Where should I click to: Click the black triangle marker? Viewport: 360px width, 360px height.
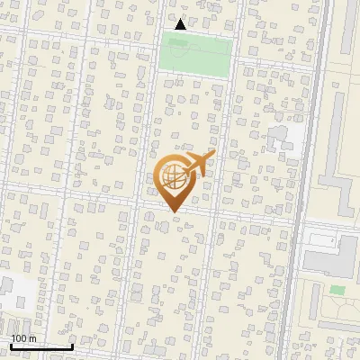point(180,24)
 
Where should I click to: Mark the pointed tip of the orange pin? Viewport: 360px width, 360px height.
point(173,213)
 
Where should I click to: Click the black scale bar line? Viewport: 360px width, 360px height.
point(41,346)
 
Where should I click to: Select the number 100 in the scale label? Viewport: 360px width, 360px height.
point(19,338)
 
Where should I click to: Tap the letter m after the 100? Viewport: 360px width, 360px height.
point(32,338)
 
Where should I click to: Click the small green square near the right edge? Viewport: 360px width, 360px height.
point(337,290)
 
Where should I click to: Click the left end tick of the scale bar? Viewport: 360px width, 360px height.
point(10,346)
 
